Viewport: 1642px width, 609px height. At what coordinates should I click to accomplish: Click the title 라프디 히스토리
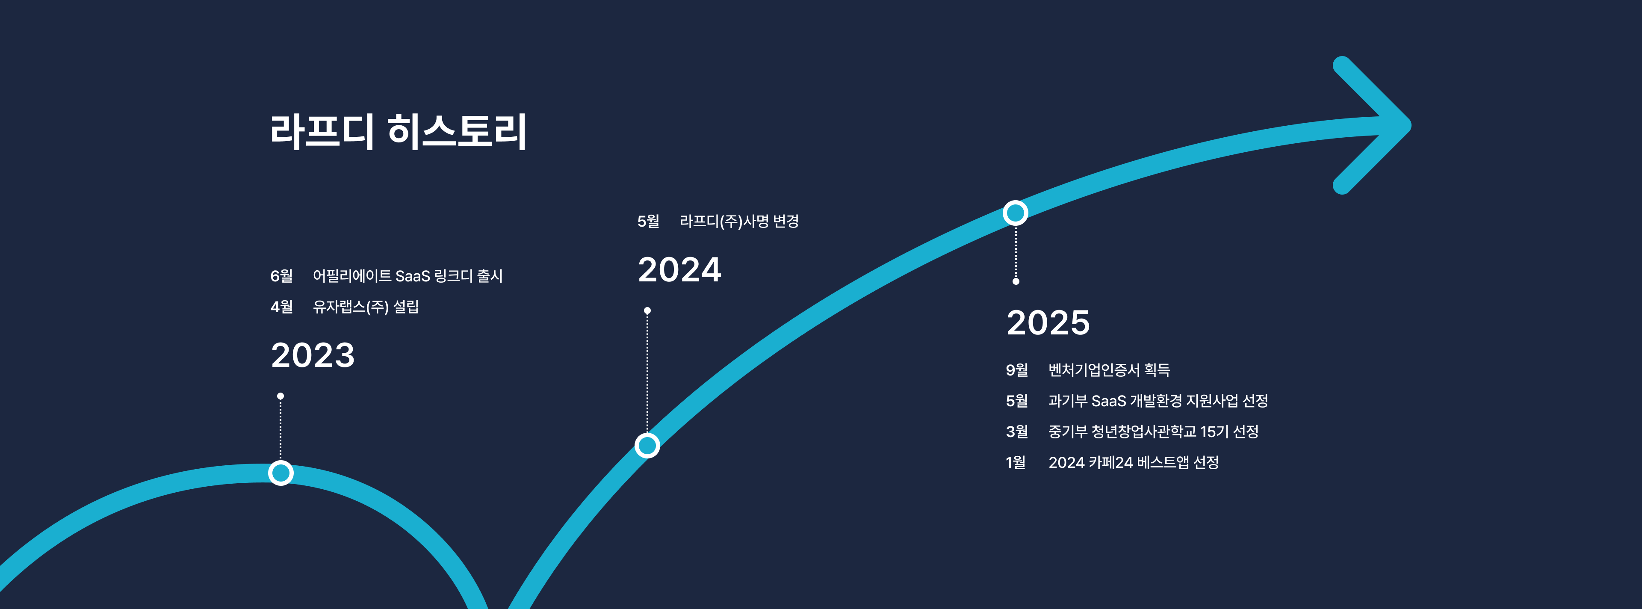(399, 132)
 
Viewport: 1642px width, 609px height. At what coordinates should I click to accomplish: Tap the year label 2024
(679, 270)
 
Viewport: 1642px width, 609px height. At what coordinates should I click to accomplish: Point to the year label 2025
(1048, 322)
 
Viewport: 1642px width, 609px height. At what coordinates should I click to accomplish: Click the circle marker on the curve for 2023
(281, 473)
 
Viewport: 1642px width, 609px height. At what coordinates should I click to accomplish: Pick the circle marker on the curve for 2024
(647, 445)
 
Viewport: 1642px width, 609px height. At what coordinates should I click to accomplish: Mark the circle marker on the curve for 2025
(1016, 213)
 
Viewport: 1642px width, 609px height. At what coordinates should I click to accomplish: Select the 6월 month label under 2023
(281, 276)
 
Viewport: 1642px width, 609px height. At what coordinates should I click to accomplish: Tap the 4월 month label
(281, 307)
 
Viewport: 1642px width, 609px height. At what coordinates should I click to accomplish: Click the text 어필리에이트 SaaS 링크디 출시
(408, 276)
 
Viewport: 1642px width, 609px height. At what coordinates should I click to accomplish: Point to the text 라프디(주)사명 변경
(739, 221)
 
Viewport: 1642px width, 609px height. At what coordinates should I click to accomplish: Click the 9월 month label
(1017, 370)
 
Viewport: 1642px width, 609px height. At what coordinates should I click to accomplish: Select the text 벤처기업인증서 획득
(1109, 370)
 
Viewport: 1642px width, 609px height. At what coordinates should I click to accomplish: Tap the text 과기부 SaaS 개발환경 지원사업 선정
(1158, 400)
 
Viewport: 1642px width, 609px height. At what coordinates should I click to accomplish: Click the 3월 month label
(1017, 432)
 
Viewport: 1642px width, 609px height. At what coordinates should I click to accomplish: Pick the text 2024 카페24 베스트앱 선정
(1133, 462)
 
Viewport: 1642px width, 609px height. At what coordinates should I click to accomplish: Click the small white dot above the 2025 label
(1016, 281)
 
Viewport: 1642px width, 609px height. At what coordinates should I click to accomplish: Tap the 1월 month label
(1016, 462)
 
